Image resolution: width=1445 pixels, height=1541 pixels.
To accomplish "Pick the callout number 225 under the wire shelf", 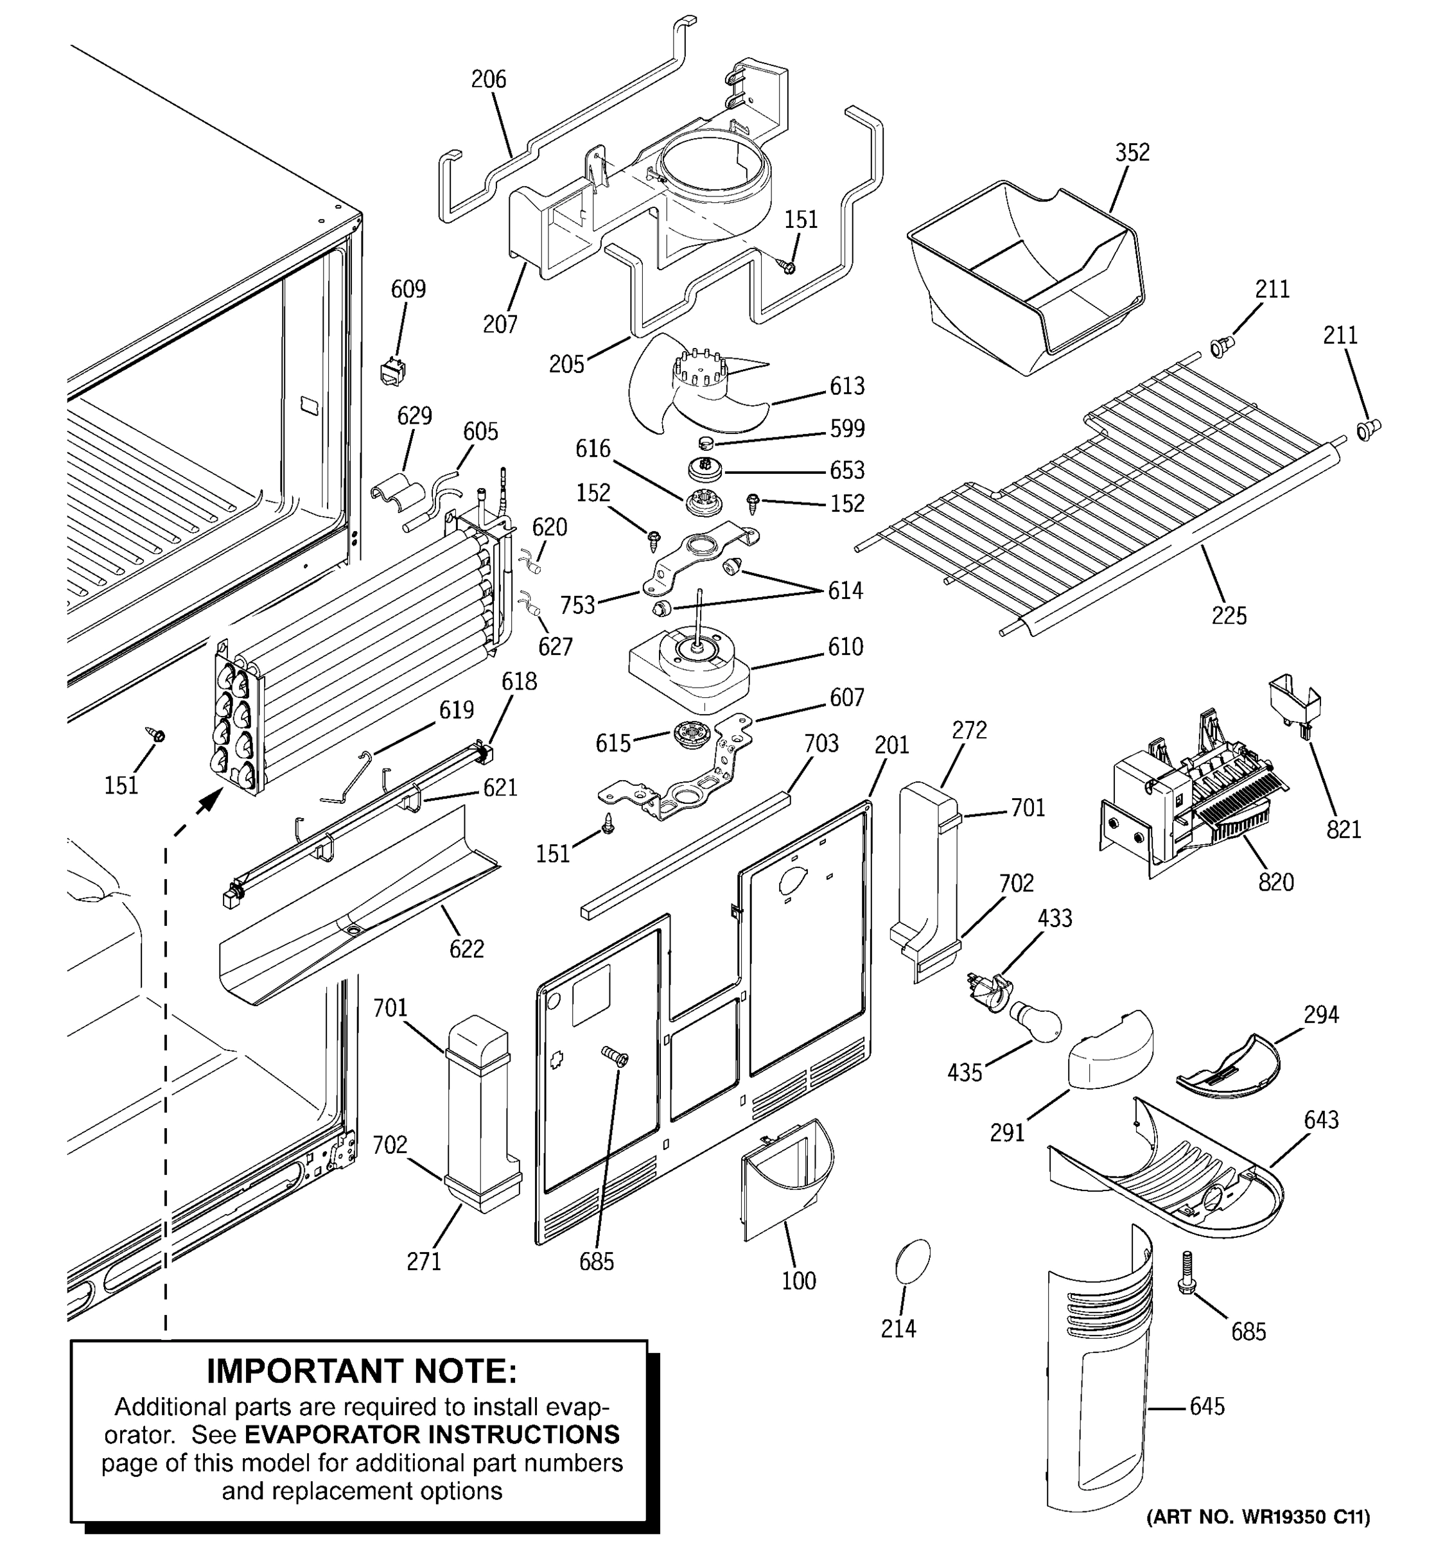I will click(1229, 616).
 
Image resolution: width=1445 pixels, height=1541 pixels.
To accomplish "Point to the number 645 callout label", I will click(1207, 1406).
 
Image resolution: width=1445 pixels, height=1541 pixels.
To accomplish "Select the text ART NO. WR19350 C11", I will click(1257, 1516).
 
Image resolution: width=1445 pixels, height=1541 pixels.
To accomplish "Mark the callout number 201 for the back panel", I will click(891, 745).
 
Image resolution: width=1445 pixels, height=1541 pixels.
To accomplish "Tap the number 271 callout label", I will click(424, 1260).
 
